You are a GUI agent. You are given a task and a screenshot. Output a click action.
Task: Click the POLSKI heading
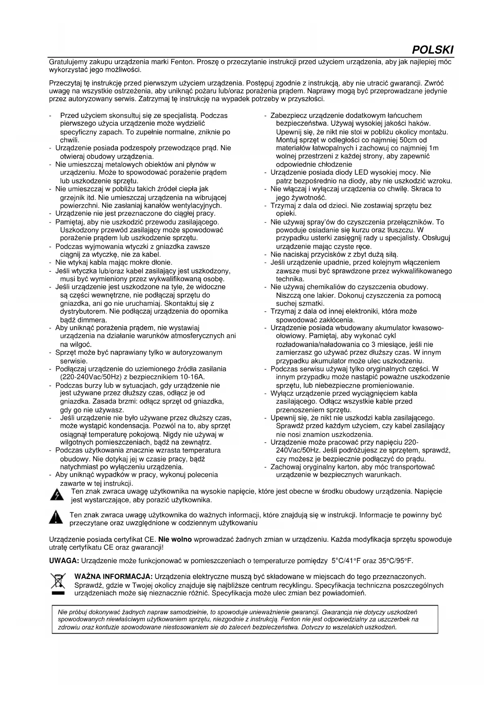[x=432, y=50]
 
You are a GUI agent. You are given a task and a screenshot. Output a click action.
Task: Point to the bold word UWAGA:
[x=64, y=561]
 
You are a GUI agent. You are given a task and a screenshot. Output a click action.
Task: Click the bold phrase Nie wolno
[x=175, y=539]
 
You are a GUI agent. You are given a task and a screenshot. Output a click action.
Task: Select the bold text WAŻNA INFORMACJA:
[x=113, y=577]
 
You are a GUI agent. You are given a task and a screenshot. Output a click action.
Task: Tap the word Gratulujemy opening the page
[x=68, y=62]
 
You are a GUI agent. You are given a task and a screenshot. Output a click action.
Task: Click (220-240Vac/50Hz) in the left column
[x=91, y=377]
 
